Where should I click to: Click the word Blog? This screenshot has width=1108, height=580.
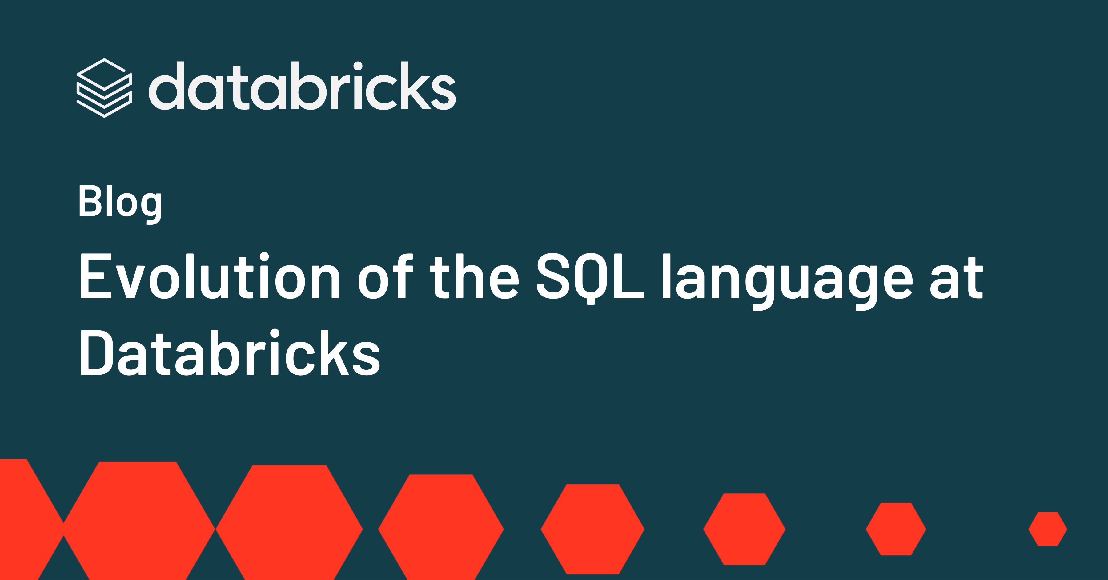pos(120,203)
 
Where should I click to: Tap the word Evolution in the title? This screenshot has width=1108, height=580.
pos(210,276)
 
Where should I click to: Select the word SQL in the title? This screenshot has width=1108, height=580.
pos(590,278)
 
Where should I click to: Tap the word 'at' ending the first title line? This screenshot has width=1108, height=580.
pos(957,278)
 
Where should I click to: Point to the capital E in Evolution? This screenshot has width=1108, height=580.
pos(95,276)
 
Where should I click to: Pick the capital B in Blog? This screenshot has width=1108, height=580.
pos(90,201)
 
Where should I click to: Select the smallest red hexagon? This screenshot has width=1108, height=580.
pos(1048,529)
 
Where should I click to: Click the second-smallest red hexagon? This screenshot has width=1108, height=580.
pos(896,529)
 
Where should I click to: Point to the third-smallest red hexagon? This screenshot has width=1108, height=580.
pos(745,529)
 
